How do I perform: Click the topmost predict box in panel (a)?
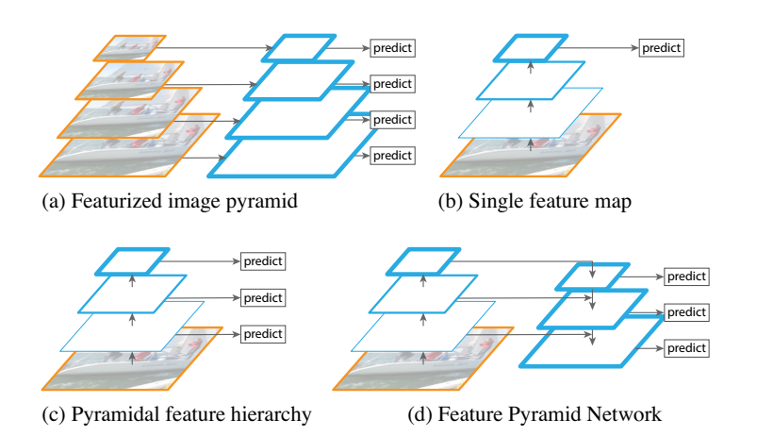(x=392, y=47)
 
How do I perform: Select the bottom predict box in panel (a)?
(x=392, y=154)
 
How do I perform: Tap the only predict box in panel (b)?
(x=661, y=47)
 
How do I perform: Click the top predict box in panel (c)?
(x=263, y=260)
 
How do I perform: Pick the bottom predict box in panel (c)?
(x=263, y=332)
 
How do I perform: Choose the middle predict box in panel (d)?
(x=686, y=311)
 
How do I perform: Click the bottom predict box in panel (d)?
(x=686, y=347)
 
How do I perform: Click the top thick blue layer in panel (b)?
(x=532, y=47)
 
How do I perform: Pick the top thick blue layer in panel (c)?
(x=133, y=260)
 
